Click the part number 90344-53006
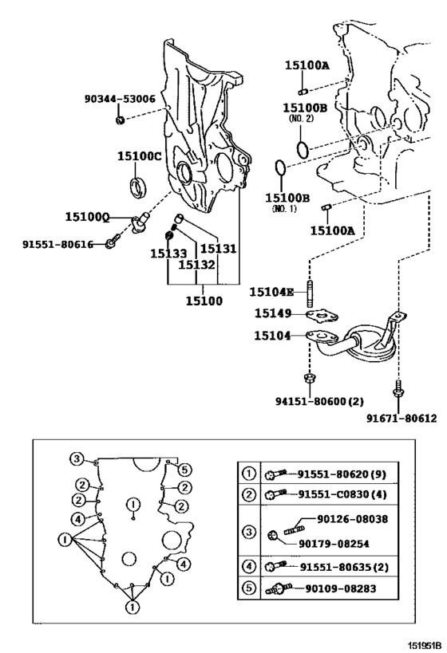(120, 99)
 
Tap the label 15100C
(139, 156)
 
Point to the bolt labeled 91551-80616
(113, 241)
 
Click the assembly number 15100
(204, 301)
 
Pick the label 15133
(168, 254)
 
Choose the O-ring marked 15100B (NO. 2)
(303, 150)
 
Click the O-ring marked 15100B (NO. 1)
(281, 167)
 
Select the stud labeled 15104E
(310, 293)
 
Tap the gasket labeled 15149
(322, 317)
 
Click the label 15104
(272, 336)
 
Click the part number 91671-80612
(402, 418)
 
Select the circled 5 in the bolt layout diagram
(184, 470)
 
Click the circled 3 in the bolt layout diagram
(77, 459)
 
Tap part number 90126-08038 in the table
(352, 519)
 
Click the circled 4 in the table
(249, 566)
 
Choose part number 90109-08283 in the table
(341, 588)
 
